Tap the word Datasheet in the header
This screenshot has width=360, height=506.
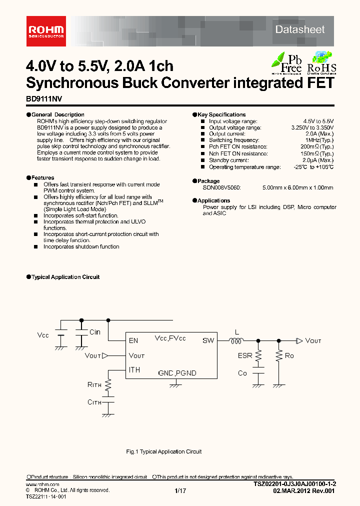[x=300, y=29]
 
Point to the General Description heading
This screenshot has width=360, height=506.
[x=58, y=114]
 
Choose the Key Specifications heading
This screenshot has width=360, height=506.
[x=221, y=114]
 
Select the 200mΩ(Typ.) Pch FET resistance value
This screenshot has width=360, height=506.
[x=317, y=147]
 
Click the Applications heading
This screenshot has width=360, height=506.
[x=213, y=200]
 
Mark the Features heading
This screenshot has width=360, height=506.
[x=42, y=177]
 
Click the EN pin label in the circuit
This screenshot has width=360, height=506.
[x=133, y=340]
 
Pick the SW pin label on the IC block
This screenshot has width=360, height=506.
[x=208, y=340]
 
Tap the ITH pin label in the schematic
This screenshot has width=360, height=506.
[x=134, y=370]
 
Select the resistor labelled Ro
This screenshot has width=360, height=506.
[x=278, y=355]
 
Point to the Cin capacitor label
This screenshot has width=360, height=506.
[x=94, y=332]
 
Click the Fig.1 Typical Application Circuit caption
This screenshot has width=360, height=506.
[x=163, y=451]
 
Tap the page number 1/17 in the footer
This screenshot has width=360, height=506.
[x=180, y=491]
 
